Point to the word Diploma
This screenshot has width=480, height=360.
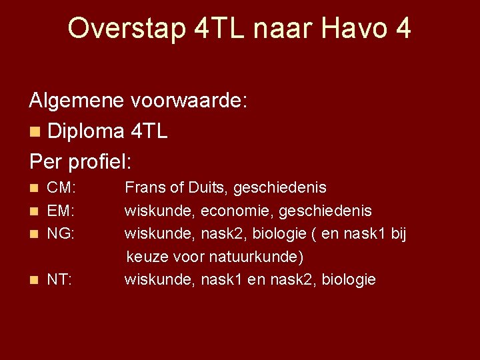(x=85, y=131)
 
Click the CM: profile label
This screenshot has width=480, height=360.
(x=61, y=188)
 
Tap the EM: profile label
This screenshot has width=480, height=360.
(x=61, y=211)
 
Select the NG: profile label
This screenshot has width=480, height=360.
(x=61, y=234)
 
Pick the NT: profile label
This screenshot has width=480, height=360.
(x=60, y=279)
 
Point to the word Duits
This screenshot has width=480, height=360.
(x=205, y=188)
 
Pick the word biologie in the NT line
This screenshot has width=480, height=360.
(x=349, y=279)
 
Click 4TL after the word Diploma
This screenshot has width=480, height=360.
(x=149, y=131)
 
